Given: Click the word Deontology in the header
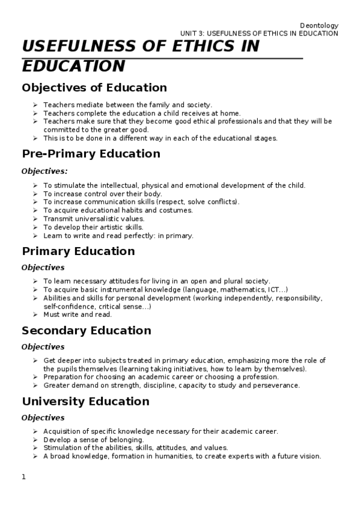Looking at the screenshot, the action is tap(319, 25).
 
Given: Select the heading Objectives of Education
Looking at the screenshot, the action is tap(94, 88).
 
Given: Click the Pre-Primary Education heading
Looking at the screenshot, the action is tap(91, 153).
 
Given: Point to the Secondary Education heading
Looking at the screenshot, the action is tap(86, 330).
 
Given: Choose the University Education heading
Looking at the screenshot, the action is tap(85, 401).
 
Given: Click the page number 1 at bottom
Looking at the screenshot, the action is tap(24, 477).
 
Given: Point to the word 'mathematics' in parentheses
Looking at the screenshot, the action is tap(225, 289).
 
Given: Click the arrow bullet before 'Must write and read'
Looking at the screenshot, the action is tap(35, 315).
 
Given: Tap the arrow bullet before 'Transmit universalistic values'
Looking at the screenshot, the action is tap(35, 219).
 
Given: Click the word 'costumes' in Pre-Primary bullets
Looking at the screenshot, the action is tap(176, 210).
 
